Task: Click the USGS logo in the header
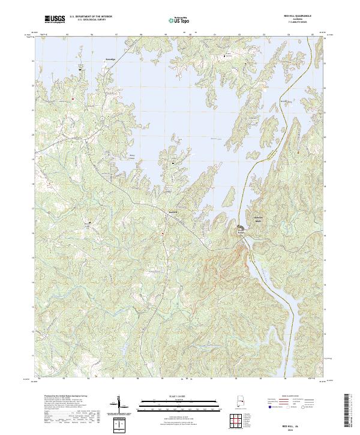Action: [x=55, y=19]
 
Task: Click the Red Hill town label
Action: [x=174, y=211]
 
